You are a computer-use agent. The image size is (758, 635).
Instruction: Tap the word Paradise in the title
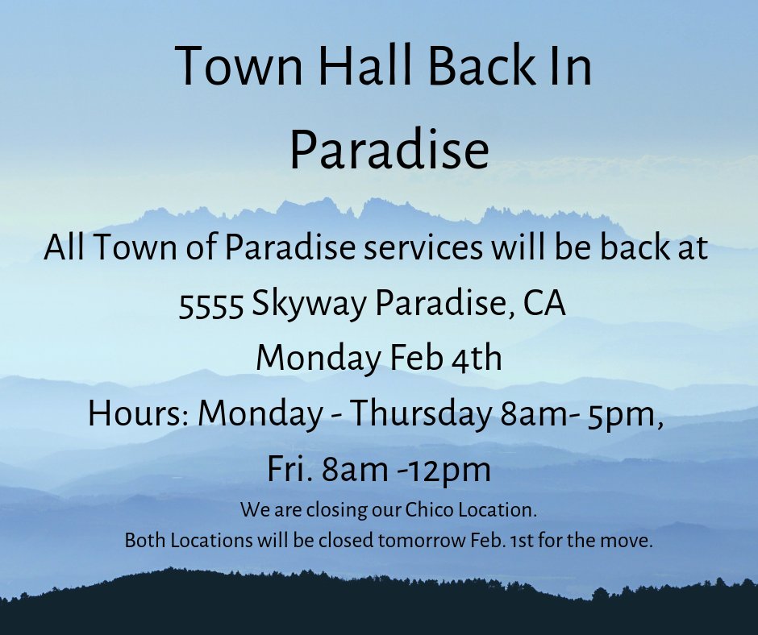[389, 151]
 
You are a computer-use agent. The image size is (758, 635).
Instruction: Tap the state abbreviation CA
[544, 304]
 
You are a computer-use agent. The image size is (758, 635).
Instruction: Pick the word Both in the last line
[143, 542]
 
